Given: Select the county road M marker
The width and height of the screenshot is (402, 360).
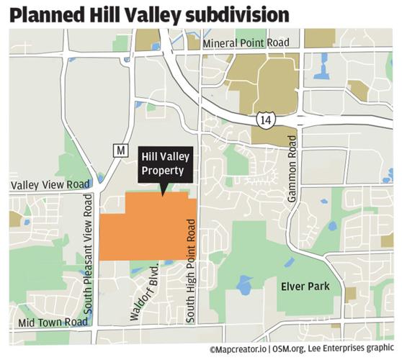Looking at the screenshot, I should (x=120, y=150).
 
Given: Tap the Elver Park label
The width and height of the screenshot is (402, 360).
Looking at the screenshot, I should (x=305, y=287).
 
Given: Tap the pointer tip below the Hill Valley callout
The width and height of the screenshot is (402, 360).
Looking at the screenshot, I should (x=164, y=193).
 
